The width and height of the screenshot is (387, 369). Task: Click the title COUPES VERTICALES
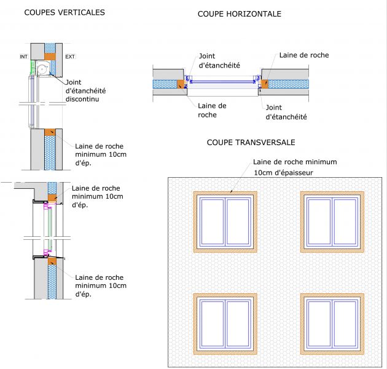pos(64,12)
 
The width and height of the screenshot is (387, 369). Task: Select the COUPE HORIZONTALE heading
pos(239,14)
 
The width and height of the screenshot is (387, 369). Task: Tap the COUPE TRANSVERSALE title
pos(251,142)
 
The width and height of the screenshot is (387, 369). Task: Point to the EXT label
pos(70,57)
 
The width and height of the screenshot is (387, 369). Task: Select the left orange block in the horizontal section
pos(181,84)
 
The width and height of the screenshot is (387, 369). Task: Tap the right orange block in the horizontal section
pos(265,83)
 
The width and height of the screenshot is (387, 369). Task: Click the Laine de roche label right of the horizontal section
pos(304,55)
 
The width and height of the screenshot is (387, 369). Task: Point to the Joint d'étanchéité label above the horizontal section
pos(219,61)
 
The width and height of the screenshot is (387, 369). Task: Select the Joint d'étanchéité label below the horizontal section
pos(286,111)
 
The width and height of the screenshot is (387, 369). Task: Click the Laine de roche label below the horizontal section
pos(212,110)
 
